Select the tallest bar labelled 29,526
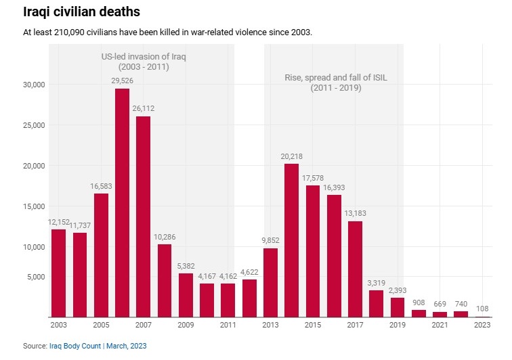(x=122, y=203)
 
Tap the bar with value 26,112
(x=144, y=217)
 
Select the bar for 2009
(x=186, y=295)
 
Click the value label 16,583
(x=101, y=186)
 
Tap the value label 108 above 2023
(x=482, y=309)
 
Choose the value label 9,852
(x=270, y=241)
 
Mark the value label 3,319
(x=376, y=283)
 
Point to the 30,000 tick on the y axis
(x=33, y=85)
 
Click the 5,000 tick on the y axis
(x=35, y=277)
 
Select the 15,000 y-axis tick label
(x=33, y=206)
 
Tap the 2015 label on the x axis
(x=312, y=325)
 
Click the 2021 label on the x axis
(x=440, y=325)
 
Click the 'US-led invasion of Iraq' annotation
(x=143, y=57)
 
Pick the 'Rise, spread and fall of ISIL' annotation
(x=335, y=78)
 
